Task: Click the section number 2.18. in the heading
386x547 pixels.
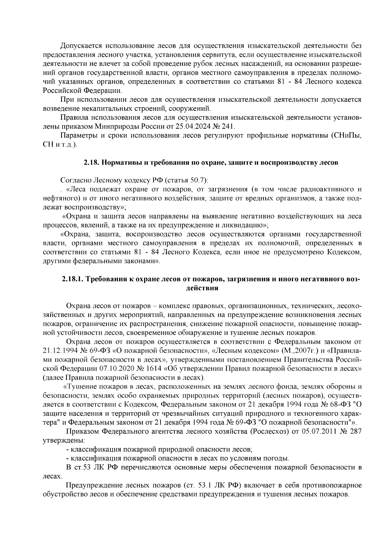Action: tap(92, 162)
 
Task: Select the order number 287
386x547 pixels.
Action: tap(355, 432)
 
